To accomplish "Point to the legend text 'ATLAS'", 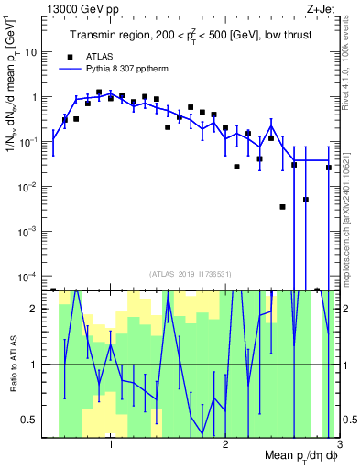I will [x=101, y=55].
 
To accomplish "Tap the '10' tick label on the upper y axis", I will [x=31, y=52].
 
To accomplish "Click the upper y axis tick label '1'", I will [x=35, y=97].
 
